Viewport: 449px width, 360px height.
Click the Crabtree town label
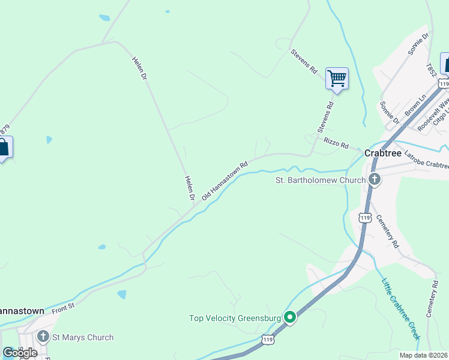384,154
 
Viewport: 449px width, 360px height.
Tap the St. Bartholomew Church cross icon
375,179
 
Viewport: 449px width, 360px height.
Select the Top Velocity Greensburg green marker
290,317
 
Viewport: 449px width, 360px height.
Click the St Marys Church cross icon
43,337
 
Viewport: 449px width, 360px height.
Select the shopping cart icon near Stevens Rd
337,78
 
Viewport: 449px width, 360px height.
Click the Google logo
20,352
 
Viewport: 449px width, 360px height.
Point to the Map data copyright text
424,355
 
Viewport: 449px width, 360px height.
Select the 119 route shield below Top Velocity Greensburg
268,340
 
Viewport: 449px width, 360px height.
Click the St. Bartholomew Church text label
320,180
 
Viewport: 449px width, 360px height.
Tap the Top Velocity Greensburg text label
236,318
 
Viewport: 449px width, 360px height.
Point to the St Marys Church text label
82,337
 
